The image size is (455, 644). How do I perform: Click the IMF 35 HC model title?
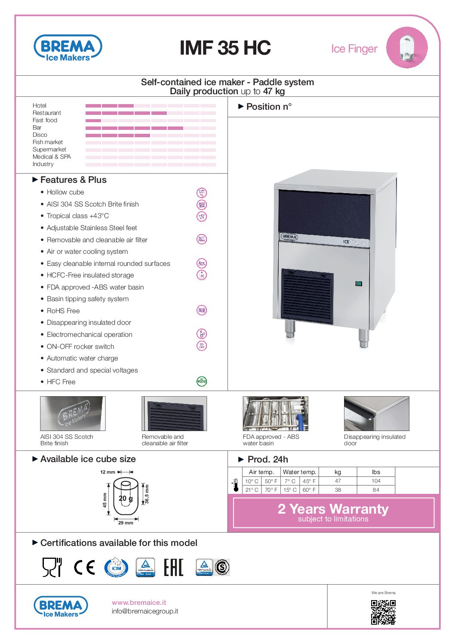[225, 48]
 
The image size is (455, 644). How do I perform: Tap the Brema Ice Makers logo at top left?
[68, 48]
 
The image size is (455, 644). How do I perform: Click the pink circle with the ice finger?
[406, 48]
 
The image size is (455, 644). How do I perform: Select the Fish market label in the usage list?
[48, 142]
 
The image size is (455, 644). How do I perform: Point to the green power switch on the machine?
[359, 283]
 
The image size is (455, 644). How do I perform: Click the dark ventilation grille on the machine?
[307, 296]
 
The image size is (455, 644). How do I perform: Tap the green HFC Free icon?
[201, 381]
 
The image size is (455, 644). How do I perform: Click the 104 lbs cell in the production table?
[376, 481]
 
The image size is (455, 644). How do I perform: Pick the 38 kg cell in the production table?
[338, 490]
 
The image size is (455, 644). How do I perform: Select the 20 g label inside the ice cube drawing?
[126, 499]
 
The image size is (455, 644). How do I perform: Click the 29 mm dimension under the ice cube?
[126, 523]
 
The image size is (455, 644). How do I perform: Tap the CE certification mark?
[84, 567]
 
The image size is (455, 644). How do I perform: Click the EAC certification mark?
[174, 567]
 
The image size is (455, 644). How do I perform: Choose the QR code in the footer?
[383, 612]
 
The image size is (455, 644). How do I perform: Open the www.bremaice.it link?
[139, 603]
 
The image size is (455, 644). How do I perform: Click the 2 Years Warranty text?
[333, 509]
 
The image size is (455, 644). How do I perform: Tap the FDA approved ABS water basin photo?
[275, 414]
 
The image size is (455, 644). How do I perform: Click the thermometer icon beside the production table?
[236, 485]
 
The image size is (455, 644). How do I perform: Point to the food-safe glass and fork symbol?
[52, 567]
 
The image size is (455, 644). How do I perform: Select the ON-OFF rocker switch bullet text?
[80, 347]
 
